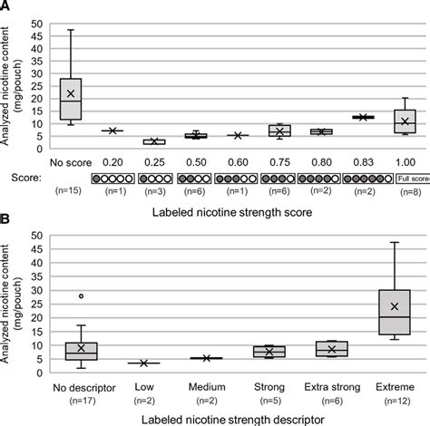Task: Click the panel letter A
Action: (7, 7)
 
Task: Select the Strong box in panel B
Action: (269, 351)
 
